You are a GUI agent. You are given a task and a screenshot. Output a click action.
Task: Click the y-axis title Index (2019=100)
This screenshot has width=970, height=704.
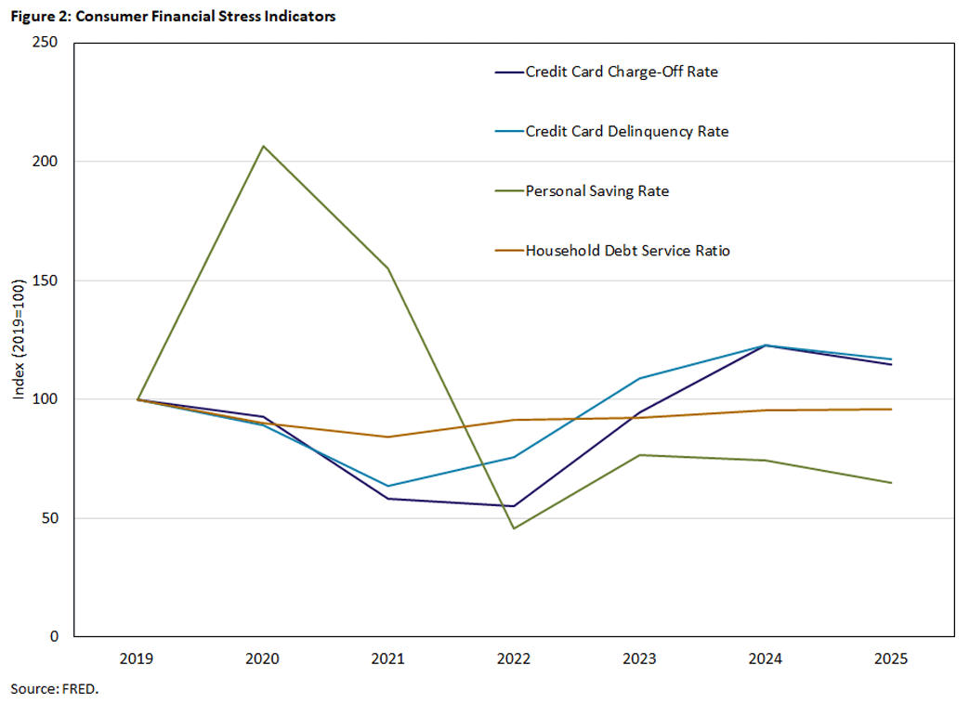[19, 340]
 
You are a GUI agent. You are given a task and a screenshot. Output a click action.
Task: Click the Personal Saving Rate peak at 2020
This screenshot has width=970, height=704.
[263, 146]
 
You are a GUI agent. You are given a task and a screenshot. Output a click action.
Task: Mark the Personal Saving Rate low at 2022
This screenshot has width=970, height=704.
[514, 528]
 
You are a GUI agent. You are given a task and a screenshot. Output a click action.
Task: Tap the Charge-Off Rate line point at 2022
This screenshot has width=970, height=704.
[514, 506]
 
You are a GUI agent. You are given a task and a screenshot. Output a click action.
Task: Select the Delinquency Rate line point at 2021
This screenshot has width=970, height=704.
[388, 486]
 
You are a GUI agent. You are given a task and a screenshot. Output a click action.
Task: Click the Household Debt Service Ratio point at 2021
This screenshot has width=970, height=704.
[388, 437]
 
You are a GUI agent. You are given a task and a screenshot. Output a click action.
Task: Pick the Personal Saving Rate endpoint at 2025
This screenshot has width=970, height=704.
[891, 483]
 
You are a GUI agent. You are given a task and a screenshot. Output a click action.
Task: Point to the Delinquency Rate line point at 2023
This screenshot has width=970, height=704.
[640, 378]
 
